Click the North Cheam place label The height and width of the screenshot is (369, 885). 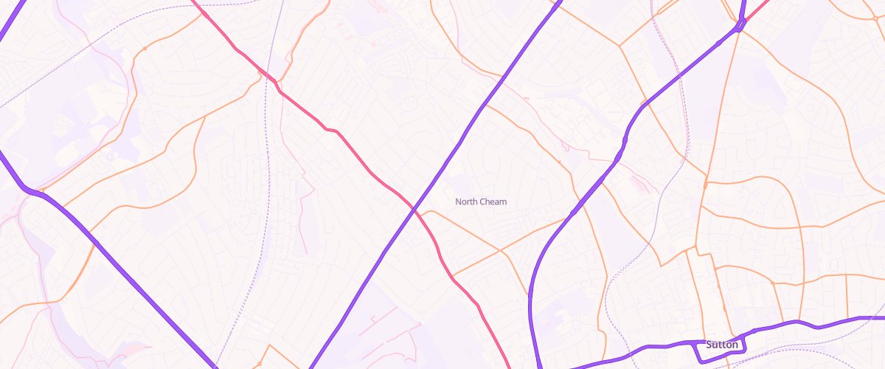481,201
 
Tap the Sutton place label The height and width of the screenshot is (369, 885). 721,345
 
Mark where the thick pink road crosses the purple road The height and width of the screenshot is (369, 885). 415,210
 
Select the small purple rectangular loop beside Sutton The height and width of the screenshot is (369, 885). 722,351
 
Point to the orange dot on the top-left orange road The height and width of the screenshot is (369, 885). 145,48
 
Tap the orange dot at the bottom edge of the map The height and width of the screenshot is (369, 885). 260,364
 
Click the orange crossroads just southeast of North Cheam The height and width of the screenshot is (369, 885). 501,251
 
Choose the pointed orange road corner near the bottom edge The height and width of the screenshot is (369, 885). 269,345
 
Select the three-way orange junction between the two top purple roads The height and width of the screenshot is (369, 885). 619,46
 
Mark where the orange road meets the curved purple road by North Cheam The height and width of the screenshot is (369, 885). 572,216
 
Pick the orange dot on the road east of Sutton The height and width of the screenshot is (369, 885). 772,282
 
